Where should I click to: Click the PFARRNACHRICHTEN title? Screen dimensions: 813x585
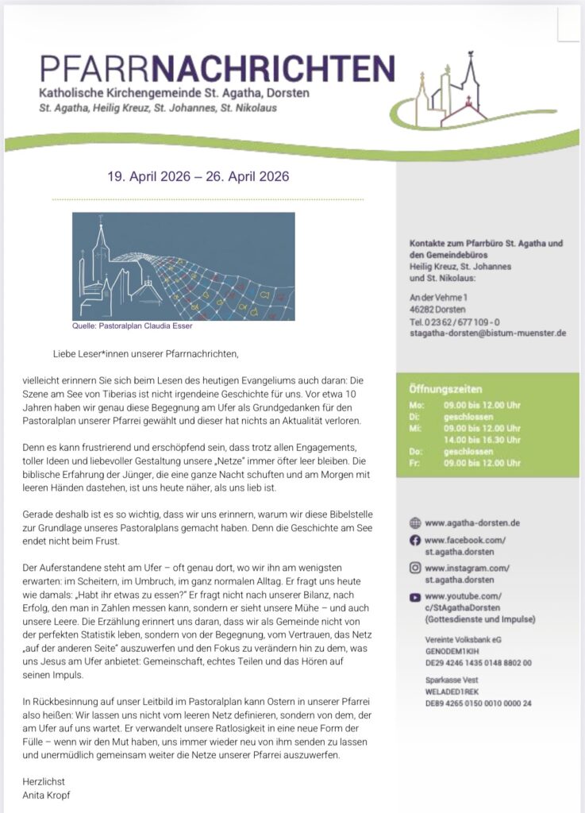pos(217,68)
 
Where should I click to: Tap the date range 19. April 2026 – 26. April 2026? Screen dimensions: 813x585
pos(198,176)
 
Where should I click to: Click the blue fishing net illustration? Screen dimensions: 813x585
pos(183,265)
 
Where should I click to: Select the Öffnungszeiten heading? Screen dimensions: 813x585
pos(445,390)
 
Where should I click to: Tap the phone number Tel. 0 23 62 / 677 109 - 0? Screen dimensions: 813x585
pos(454,322)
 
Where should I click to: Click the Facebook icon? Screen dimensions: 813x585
pos(414,540)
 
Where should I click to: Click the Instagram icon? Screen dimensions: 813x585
pos(414,568)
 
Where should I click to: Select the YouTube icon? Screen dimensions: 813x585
pos(414,596)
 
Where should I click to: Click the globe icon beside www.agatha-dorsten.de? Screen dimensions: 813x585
pos(414,522)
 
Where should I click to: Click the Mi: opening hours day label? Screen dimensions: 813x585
pos(414,427)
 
